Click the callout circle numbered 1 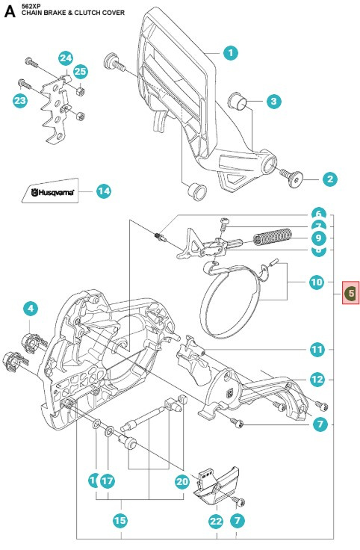pos(230,52)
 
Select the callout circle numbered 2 pos(329,179)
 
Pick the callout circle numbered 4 pos(30,307)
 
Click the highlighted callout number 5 pos(351,293)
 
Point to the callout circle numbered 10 pos(317,282)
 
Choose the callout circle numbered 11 pos(317,349)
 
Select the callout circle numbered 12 pos(317,380)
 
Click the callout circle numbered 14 pos(103,191)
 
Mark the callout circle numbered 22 pos(216,520)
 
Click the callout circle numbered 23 pos(19,99)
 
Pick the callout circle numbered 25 pos(80,72)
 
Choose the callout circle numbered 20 pos(181,482)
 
